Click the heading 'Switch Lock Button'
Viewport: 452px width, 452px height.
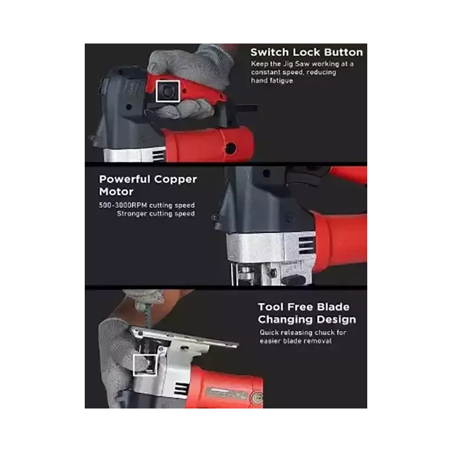coord(306,53)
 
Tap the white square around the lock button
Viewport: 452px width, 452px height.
coord(168,81)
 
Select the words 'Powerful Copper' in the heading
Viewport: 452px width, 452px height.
coord(148,179)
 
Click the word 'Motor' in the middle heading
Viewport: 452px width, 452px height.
coord(116,192)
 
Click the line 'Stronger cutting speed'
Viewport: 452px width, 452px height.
coord(156,214)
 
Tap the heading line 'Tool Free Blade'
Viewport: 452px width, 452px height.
coord(303,307)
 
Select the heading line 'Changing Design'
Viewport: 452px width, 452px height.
coord(307,319)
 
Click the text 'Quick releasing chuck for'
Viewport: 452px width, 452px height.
coord(303,332)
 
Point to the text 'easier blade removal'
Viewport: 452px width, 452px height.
coord(295,341)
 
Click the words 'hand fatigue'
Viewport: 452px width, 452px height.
coord(272,81)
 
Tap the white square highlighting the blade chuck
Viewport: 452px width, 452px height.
coord(145,355)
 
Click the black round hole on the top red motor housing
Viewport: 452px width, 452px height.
coord(231,148)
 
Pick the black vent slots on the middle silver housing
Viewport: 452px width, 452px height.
coord(306,245)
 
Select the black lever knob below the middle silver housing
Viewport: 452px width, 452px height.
coord(293,280)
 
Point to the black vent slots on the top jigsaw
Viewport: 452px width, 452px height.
coord(158,155)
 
